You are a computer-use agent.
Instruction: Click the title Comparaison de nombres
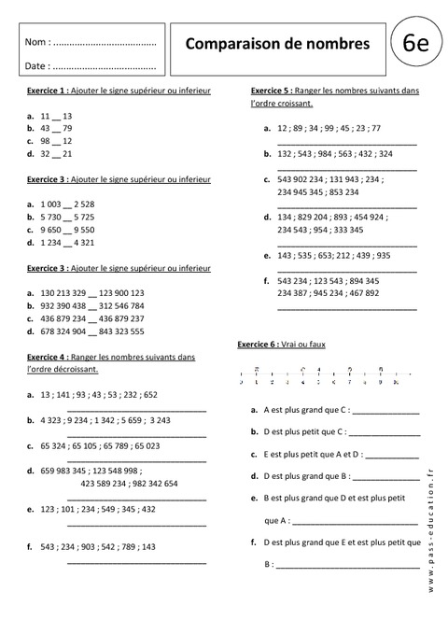click(x=276, y=43)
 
